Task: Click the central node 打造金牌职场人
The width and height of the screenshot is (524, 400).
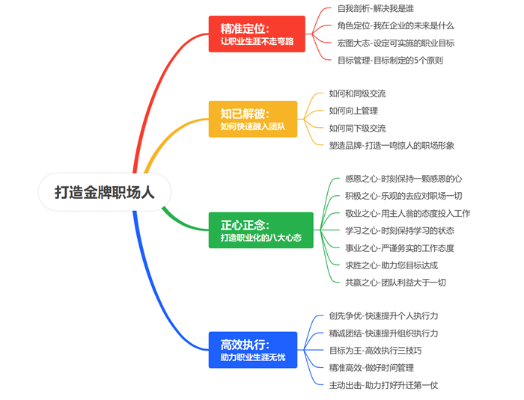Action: click(105, 191)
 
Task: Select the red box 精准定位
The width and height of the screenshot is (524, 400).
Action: click(257, 34)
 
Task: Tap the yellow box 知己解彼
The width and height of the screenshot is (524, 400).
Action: click(252, 119)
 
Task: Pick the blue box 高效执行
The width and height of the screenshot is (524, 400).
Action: click(253, 350)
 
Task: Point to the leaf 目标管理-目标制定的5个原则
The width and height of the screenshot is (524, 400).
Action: click(390, 60)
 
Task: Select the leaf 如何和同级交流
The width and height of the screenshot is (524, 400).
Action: click(357, 94)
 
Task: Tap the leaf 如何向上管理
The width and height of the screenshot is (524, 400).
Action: click(352, 111)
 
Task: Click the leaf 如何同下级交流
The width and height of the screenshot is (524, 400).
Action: click(357, 128)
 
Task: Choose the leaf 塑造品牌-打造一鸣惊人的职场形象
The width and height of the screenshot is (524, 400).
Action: click(391, 145)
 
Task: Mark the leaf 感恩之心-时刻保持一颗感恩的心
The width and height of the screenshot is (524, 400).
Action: click(403, 179)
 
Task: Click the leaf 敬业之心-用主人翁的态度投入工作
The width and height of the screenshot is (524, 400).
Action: click(407, 213)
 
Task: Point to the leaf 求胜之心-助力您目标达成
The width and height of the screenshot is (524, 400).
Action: click(392, 265)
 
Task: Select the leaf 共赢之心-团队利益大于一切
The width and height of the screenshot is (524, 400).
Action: click(395, 282)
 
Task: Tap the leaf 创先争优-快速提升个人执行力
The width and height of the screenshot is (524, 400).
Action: click(383, 316)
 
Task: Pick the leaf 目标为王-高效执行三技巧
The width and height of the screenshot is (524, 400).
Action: click(375, 350)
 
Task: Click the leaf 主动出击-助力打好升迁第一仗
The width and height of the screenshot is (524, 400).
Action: click(383, 384)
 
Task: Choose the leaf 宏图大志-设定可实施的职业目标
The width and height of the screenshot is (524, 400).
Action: click(395, 43)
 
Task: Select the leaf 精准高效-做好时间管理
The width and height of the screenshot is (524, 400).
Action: click(371, 367)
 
